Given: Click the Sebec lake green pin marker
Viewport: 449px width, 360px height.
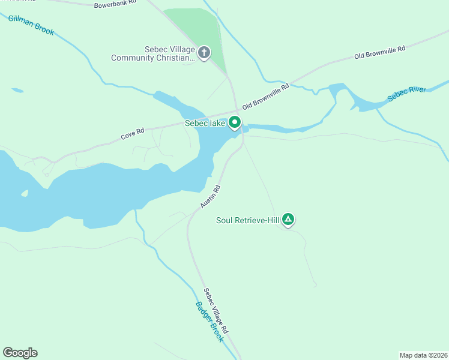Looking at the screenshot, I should [234, 123].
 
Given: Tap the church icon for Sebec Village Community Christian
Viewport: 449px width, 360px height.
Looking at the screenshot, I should [204, 53].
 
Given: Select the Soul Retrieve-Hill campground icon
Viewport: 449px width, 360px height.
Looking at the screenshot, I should [288, 220].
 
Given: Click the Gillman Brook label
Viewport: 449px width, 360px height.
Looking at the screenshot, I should [31, 25].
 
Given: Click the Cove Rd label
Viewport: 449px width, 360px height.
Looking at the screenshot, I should [132, 134].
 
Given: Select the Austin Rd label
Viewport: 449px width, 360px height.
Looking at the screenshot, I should [211, 197].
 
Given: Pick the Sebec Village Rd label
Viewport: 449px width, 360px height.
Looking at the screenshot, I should [215, 311].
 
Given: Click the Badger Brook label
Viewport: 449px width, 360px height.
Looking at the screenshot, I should [209, 322].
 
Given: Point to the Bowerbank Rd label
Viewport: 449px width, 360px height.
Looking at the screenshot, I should [115, 4].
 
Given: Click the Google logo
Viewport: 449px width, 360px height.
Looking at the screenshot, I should [20, 353].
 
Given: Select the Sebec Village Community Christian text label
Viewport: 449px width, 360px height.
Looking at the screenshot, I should [154, 54].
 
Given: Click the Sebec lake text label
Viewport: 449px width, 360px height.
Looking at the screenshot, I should [204, 124].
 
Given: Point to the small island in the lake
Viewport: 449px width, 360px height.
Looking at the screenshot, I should [25, 193].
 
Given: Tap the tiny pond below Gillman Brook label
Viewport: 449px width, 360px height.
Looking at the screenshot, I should [17, 91].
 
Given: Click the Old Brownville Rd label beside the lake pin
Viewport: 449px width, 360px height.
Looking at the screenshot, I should [265, 96].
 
